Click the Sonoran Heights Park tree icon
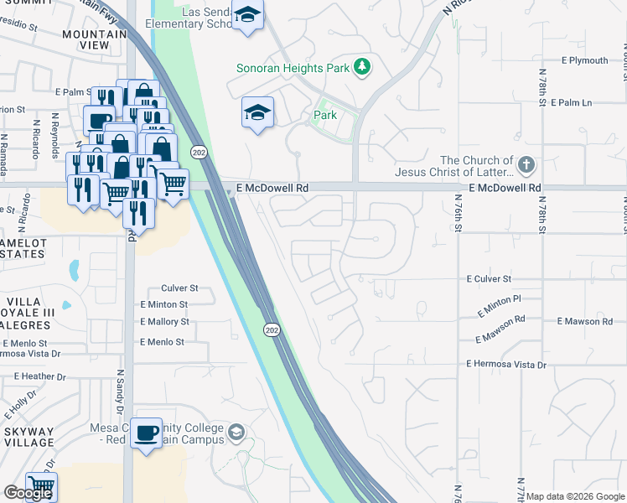(362, 65)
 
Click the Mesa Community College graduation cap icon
(237, 433)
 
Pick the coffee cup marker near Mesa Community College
(147, 433)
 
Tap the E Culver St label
(489, 278)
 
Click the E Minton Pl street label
(499, 303)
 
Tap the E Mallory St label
(164, 322)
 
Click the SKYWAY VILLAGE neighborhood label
(28, 438)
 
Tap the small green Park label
(325, 114)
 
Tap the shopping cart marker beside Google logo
(41, 485)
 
